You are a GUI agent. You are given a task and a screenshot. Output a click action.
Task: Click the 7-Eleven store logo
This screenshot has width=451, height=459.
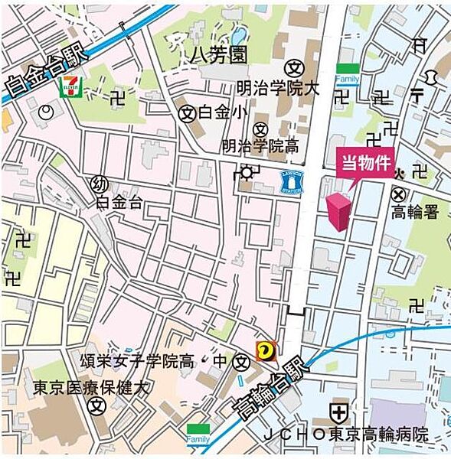click(x=69, y=84)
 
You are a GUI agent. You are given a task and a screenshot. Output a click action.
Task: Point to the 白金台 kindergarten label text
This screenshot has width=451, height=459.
click(x=119, y=202)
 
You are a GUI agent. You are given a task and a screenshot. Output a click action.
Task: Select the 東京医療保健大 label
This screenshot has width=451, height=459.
click(x=91, y=388)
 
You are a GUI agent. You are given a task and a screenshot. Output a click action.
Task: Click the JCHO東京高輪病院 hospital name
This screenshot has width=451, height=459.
click(x=346, y=435)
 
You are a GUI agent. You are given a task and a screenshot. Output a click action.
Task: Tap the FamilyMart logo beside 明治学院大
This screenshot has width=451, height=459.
click(x=347, y=74)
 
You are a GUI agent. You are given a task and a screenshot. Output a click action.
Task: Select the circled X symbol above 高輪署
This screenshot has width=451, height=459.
click(x=398, y=195)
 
